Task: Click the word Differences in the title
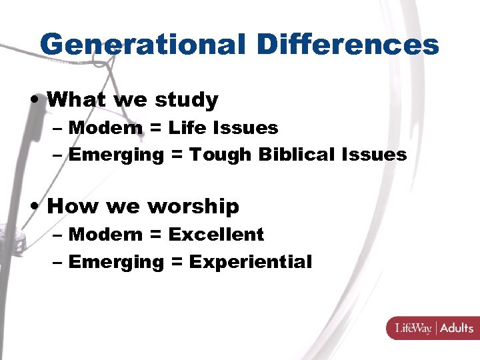[347, 45]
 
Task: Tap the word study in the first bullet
[186, 100]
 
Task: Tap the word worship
[193, 207]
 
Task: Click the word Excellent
[216, 235]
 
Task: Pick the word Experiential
[250, 262]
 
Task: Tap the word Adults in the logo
[457, 328]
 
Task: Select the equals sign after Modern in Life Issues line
[155, 127]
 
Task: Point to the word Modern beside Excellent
[102, 235]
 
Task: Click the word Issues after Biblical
[373, 155]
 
